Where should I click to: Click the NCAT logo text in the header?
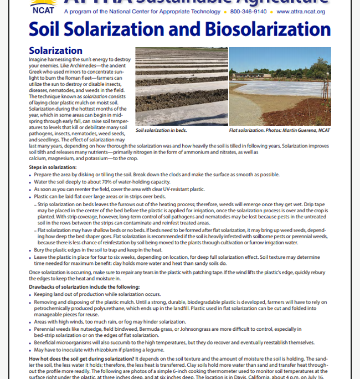click(x=43, y=10)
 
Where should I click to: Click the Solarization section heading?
click(x=55, y=51)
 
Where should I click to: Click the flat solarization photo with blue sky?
click(x=280, y=86)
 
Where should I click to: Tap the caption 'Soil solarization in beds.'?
click(x=161, y=130)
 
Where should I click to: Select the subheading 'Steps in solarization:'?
click(x=53, y=167)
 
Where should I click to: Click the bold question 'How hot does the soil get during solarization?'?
click(x=86, y=359)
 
